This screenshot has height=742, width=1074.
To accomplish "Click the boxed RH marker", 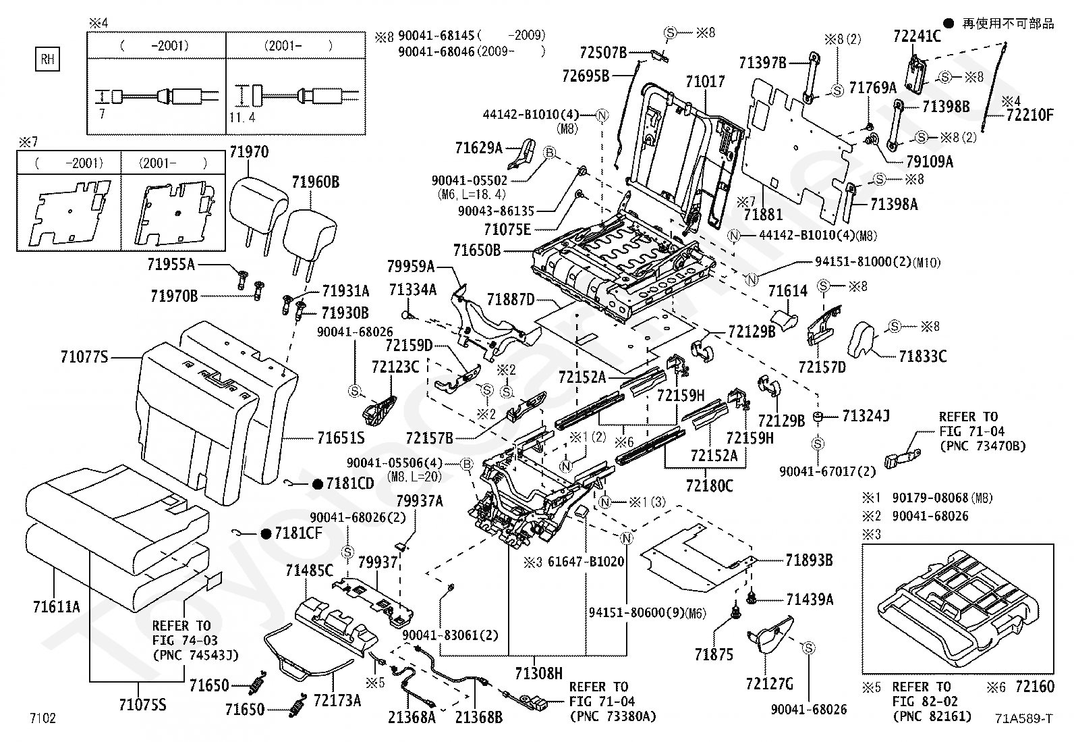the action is pyautogui.click(x=47, y=59).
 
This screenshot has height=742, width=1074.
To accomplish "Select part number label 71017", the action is pyautogui.click(x=705, y=82).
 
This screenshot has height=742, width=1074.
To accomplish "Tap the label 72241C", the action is pyautogui.click(x=917, y=36).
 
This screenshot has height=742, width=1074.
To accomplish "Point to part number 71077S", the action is pyautogui.click(x=84, y=357).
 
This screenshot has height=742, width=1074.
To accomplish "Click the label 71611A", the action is pyautogui.click(x=57, y=607).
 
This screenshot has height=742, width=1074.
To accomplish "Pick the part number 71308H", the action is pyautogui.click(x=538, y=674).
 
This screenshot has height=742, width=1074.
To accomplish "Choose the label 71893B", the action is pyautogui.click(x=809, y=560).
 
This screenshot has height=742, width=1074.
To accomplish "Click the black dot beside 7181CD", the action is pyautogui.click(x=317, y=484).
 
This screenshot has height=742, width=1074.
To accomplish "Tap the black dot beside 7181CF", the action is pyautogui.click(x=266, y=533).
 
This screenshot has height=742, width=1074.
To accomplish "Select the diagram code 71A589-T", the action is pyautogui.click(x=1023, y=718).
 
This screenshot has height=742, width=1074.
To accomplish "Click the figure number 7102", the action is pyautogui.click(x=43, y=718).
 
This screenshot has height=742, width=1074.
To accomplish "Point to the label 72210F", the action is pyautogui.click(x=1029, y=115).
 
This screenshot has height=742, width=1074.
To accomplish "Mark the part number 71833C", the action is pyautogui.click(x=922, y=356).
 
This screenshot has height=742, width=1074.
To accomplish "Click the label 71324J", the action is pyautogui.click(x=866, y=416).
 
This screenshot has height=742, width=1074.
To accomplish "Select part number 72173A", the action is pyautogui.click(x=337, y=701).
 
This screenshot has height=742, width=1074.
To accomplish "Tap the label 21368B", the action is pyautogui.click(x=478, y=718).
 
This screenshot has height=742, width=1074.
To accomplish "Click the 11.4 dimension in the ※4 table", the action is pyautogui.click(x=242, y=117).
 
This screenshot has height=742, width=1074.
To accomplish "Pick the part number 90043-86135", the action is pyautogui.click(x=496, y=211).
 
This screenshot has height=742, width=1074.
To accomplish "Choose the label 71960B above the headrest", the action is pyautogui.click(x=316, y=182).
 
